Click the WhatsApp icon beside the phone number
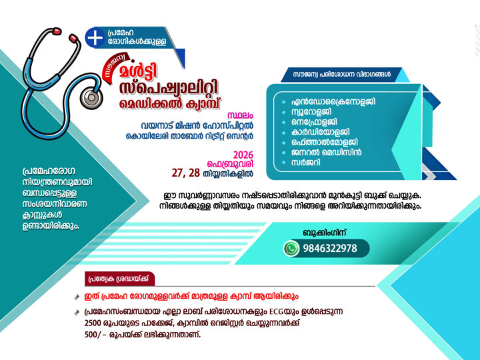coord(291,249)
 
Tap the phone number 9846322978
coord(329,249)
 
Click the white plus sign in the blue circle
coord(95,38)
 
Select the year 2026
coord(243,155)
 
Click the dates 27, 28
coord(186,172)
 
